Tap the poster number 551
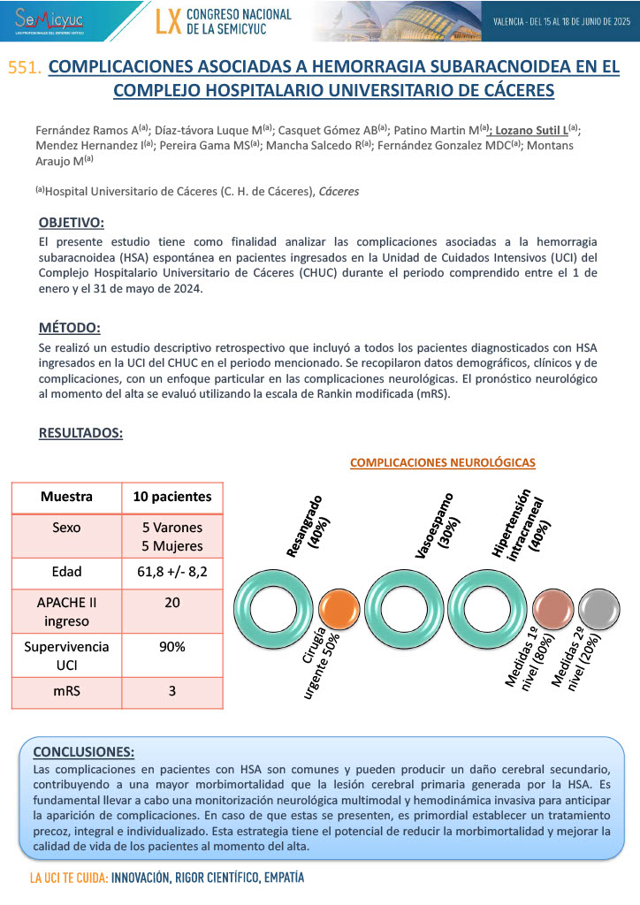tap(24, 68)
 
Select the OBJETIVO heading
tap(72, 222)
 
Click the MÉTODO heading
tap(70, 328)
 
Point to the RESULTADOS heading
tap(80, 433)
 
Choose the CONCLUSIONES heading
tap(83, 752)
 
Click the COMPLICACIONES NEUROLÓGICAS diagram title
tap(443, 462)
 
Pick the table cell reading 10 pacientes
tap(171, 497)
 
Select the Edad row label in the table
tap(66, 572)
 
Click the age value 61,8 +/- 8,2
tap(171, 572)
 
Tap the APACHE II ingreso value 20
tap(171, 602)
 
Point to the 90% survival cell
tap(171, 647)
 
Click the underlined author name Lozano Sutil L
tap(530, 129)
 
